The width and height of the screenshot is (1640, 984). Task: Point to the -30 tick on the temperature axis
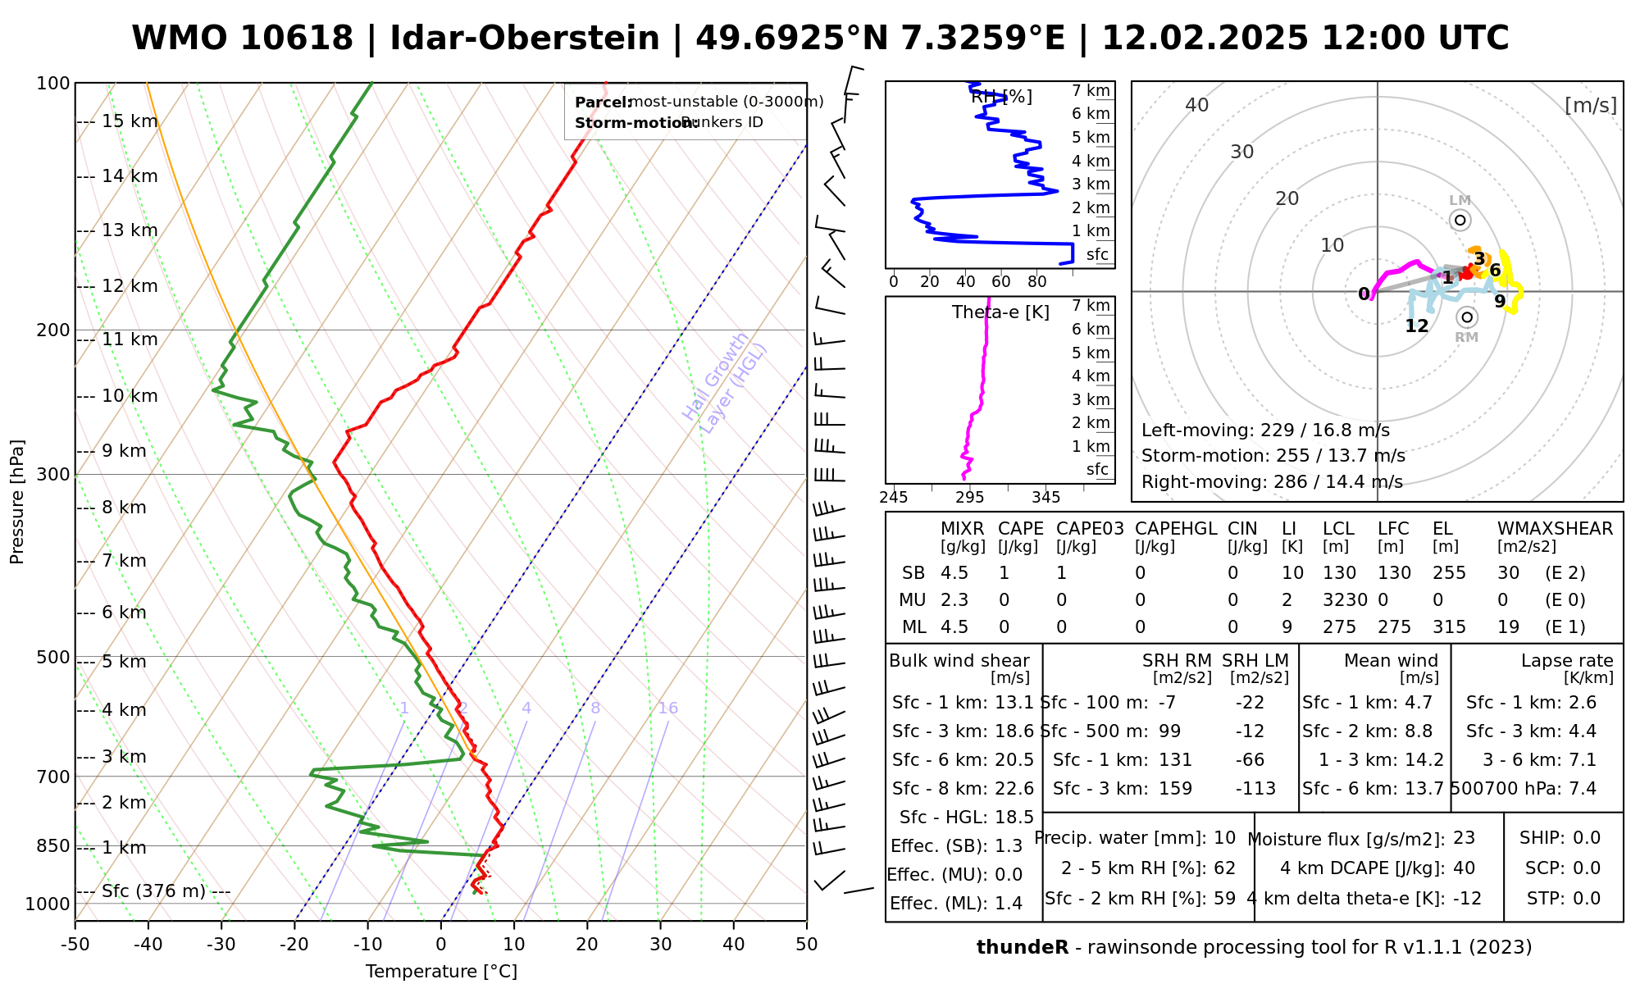tap(221, 945)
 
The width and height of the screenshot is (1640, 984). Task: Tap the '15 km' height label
tap(130, 121)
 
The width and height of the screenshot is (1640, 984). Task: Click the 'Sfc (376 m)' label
tap(153, 891)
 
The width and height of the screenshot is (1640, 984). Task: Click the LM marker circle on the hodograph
tap(1460, 220)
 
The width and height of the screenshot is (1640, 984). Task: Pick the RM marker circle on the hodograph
tap(1467, 317)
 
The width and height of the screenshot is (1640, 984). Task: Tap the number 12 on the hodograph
tap(1416, 326)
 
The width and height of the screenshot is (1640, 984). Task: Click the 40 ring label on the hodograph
tap(1197, 105)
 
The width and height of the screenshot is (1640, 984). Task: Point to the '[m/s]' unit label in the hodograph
tap(1590, 105)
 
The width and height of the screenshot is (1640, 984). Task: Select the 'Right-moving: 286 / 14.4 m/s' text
tap(1272, 481)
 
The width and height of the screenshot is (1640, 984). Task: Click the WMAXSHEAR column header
tap(1555, 529)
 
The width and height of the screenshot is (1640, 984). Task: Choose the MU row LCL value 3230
tap(1345, 600)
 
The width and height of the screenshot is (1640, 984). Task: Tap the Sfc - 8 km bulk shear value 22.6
tap(1014, 789)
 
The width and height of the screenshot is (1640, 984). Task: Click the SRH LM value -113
tap(1255, 789)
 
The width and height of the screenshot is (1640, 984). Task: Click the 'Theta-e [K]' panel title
tap(1000, 312)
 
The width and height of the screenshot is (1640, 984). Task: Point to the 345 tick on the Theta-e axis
tap(1045, 497)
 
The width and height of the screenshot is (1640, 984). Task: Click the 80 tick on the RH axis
tap(1037, 282)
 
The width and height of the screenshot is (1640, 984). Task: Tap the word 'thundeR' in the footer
tap(1022, 948)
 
